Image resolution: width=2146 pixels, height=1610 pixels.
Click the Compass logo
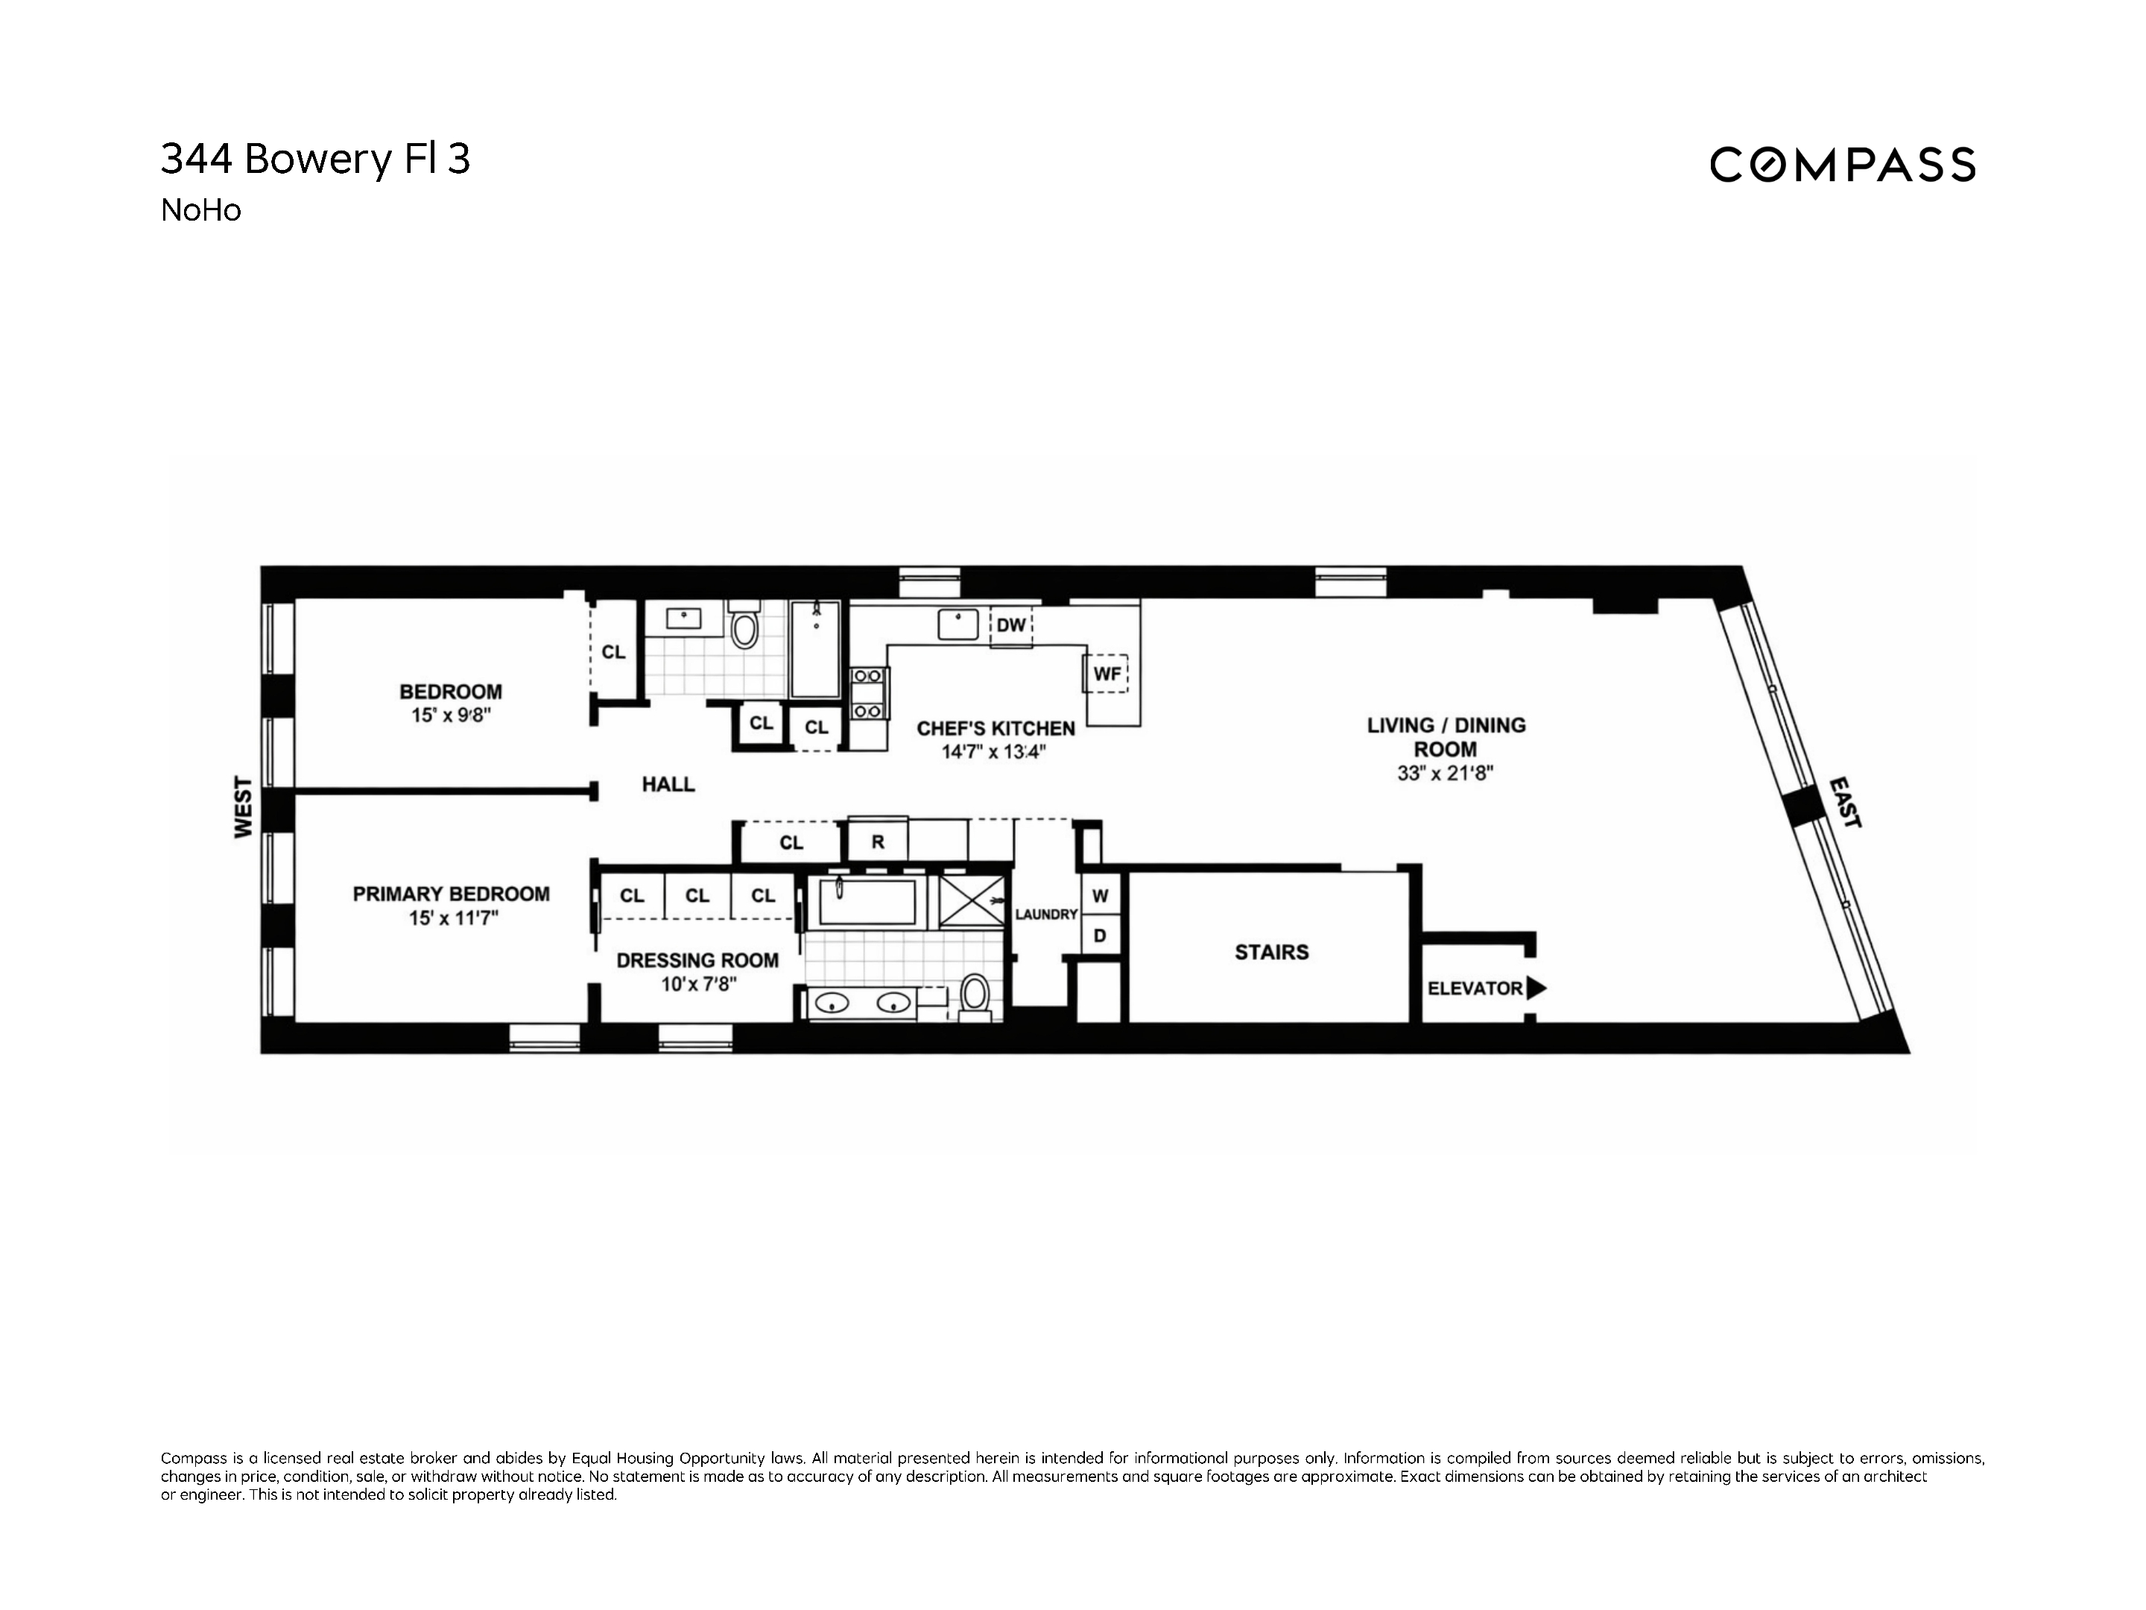(1841, 164)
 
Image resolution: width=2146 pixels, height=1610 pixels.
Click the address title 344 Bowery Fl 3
(315, 160)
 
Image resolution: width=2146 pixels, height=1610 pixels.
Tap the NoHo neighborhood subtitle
(201, 211)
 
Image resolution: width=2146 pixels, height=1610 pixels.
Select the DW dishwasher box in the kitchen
(1011, 626)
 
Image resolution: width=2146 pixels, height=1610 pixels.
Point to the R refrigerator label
(877, 842)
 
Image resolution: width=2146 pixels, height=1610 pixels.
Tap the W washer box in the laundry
(1100, 896)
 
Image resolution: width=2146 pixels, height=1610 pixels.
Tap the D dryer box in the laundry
(1100, 936)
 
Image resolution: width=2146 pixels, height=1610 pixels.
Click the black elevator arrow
(1536, 989)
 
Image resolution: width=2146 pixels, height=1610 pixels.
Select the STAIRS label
(1271, 952)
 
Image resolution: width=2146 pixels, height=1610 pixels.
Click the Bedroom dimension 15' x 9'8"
(451, 716)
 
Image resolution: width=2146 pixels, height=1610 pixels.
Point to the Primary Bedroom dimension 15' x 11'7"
(453, 918)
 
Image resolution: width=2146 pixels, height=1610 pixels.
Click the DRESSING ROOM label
(697, 960)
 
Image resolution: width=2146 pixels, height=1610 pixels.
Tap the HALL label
(668, 784)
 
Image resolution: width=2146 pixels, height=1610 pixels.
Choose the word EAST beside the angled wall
(1844, 801)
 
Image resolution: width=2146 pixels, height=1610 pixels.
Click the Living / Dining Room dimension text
(1445, 774)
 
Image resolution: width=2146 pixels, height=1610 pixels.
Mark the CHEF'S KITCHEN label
(996, 727)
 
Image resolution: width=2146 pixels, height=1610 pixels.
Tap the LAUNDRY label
(1046, 914)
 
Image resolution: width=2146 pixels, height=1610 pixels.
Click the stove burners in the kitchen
(867, 693)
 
